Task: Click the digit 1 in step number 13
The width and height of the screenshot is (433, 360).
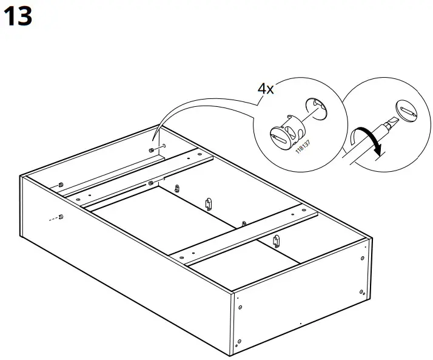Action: tap(10, 16)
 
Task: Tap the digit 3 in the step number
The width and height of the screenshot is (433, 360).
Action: tap(24, 16)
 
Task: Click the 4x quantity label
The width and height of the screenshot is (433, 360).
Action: tap(265, 89)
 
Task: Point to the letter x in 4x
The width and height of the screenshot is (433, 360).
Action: tap(270, 90)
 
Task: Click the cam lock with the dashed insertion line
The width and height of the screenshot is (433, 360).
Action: tap(61, 216)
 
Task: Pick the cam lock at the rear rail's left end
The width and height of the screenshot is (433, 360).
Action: tap(62, 184)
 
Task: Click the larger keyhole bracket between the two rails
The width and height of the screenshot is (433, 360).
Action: tap(208, 203)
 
